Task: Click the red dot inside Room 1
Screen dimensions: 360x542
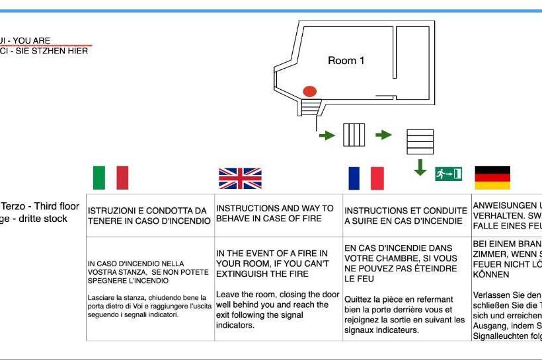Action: [x=309, y=91]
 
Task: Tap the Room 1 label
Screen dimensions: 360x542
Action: [x=346, y=60]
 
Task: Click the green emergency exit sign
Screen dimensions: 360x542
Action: [x=448, y=174]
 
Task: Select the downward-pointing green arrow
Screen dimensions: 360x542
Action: [x=420, y=167]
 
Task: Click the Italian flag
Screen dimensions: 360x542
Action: [x=110, y=177]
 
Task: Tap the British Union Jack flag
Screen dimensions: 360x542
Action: [x=240, y=178]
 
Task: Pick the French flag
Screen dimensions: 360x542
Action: [x=366, y=178]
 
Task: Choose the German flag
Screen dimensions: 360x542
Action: [x=492, y=178]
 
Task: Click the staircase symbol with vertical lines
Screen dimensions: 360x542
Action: [x=354, y=135]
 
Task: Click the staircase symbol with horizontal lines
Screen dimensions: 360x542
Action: [x=420, y=141]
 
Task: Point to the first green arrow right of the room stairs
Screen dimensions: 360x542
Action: [x=327, y=135]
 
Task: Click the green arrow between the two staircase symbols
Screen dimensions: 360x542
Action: [x=383, y=135]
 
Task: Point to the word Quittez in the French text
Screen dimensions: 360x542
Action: [x=359, y=299]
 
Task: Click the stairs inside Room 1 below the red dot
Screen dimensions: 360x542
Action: [x=309, y=106]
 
